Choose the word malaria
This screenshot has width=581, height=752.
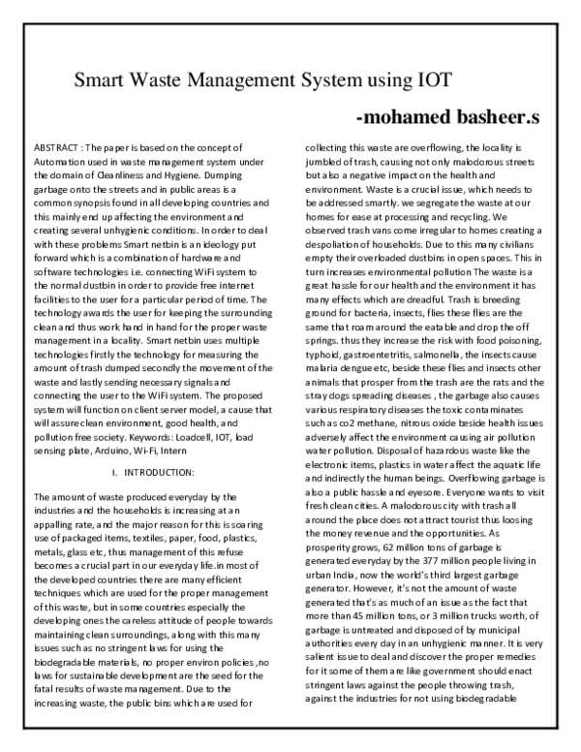pyautogui.click(x=327, y=377)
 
